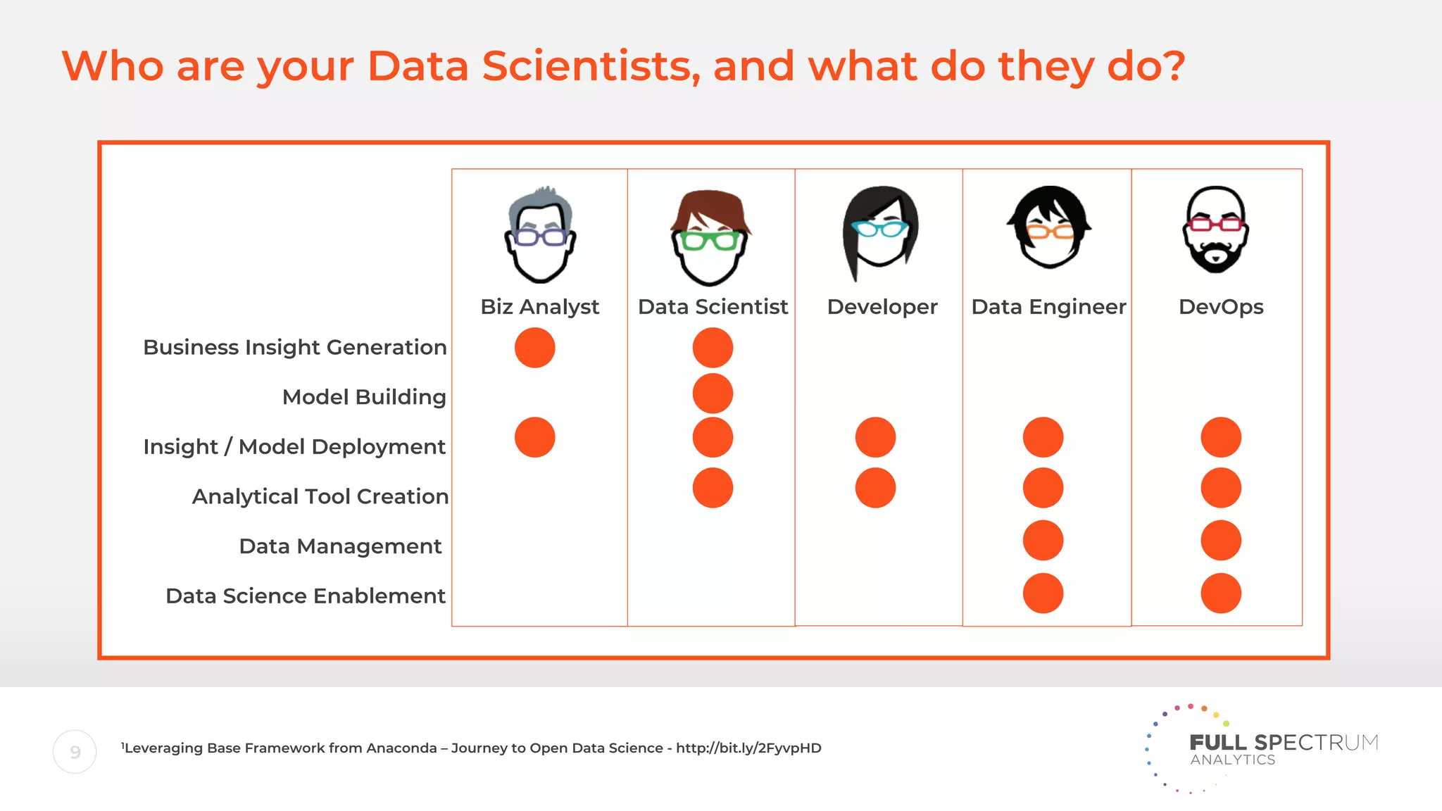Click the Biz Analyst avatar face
(540, 236)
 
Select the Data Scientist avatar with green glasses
(710, 238)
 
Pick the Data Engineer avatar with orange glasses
(1049, 227)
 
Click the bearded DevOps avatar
(1215, 230)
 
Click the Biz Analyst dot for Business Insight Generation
(534, 348)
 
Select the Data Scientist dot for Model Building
(713, 394)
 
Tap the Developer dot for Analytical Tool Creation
(875, 488)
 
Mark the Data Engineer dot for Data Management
(1043, 541)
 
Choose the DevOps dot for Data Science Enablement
(1221, 593)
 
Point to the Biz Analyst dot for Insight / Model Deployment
(534, 437)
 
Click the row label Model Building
(364, 397)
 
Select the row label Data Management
(340, 546)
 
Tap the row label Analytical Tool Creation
(320, 496)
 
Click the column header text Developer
(882, 307)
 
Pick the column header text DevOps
(1221, 307)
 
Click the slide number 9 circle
(75, 752)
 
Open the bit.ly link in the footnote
(748, 748)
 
